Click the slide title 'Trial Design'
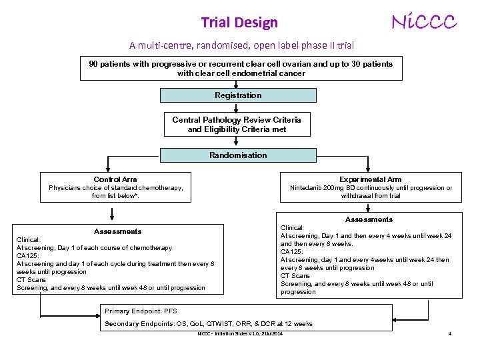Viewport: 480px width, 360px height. click(239, 23)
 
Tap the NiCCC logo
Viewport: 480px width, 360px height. click(424, 22)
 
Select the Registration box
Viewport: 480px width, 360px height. click(238, 95)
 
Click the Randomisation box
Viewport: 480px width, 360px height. click(238, 155)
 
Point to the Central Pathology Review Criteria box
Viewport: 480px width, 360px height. click(237, 125)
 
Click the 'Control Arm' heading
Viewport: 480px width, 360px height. click(115, 179)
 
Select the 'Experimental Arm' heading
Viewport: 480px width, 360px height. click(370, 179)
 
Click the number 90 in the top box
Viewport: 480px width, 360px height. click(94, 64)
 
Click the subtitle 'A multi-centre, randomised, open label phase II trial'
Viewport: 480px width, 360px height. click(241, 45)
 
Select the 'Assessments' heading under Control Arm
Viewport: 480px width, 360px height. click(117, 231)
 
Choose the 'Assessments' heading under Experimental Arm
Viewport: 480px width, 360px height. click(369, 219)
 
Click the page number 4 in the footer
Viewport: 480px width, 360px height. click(450, 333)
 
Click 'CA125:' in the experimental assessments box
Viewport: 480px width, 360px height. click(292, 252)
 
